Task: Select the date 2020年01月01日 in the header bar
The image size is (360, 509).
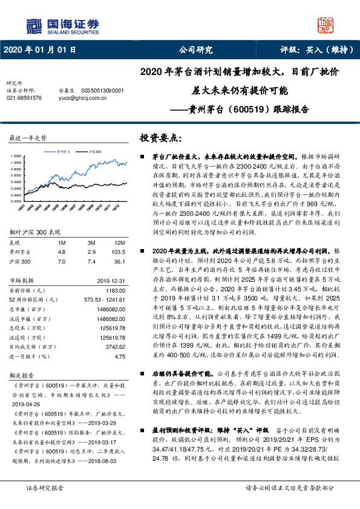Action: [40, 50]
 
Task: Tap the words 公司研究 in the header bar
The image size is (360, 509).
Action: [196, 50]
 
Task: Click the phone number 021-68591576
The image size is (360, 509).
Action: [24, 97]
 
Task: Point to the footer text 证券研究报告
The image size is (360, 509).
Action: [44, 488]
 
